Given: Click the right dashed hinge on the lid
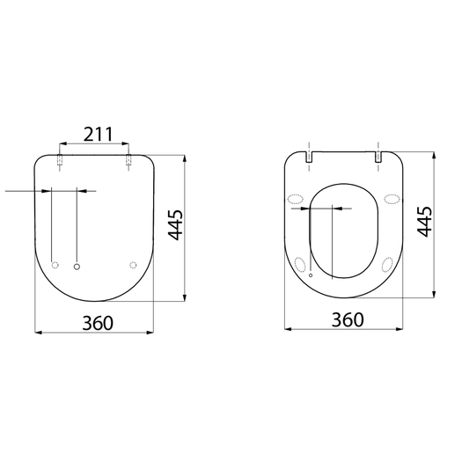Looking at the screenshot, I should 129,161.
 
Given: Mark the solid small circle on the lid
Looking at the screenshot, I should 77,266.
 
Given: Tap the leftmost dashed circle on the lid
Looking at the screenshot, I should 56,266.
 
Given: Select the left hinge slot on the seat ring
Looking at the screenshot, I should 310,158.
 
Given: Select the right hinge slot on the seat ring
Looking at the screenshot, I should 379,158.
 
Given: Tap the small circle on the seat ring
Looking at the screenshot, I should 310,275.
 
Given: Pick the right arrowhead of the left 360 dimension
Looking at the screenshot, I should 151,333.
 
